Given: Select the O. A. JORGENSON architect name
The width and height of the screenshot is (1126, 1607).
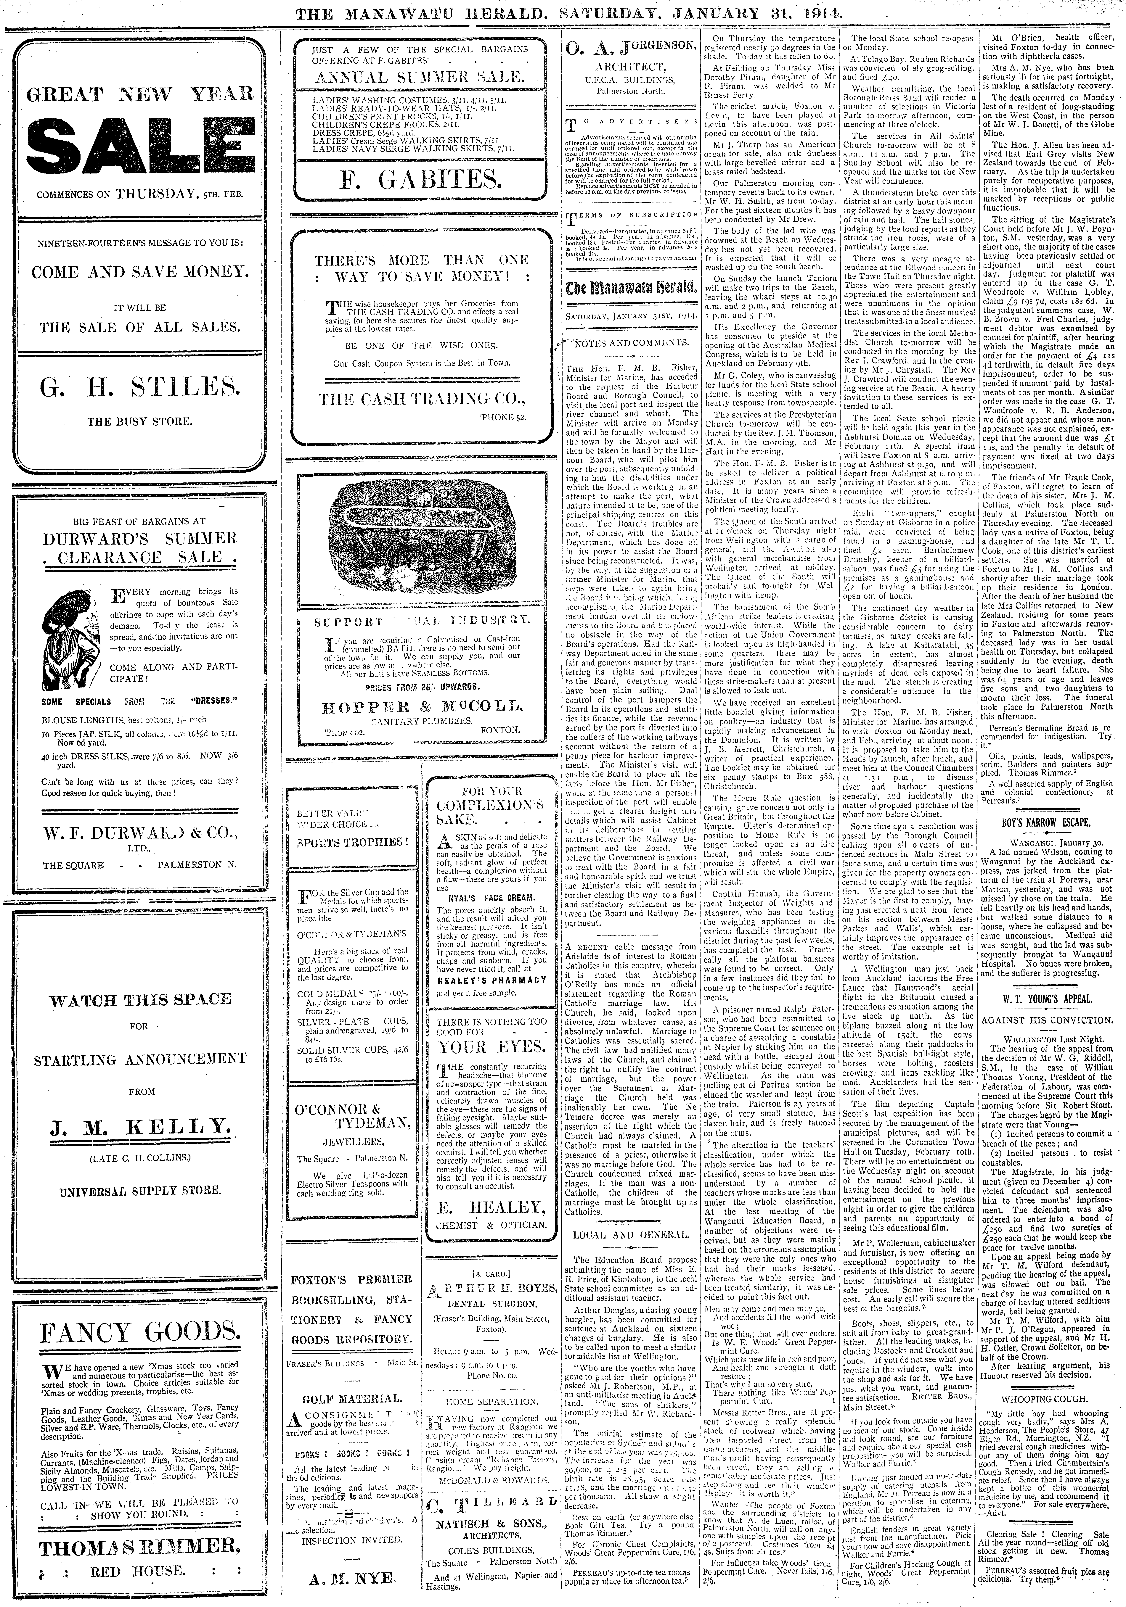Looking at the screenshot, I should point(629,47).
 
